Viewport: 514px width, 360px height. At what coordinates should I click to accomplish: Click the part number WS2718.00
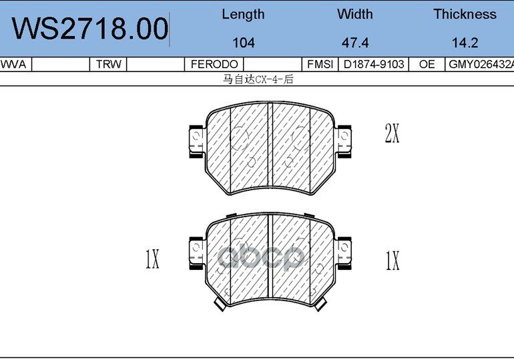coord(90,29)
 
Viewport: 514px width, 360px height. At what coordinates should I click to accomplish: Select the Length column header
coord(243,15)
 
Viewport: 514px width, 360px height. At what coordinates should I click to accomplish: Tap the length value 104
coord(243,43)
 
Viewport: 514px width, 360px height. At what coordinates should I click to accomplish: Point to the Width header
coord(354,14)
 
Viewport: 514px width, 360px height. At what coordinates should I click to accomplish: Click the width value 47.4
coord(355,43)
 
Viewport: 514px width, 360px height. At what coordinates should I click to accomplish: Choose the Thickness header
coord(465,14)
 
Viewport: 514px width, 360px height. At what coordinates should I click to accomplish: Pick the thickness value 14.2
coord(465,43)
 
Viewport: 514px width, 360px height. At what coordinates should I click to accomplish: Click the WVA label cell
coord(13,64)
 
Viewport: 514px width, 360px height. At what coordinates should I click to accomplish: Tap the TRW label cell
coord(109,64)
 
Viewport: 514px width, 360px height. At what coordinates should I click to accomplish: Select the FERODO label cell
coord(214,64)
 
